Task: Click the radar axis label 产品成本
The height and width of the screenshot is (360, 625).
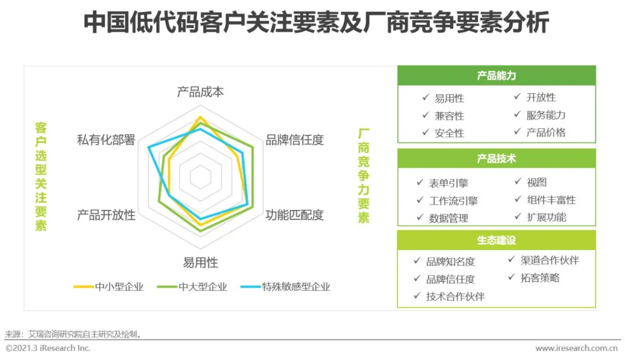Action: tap(200, 92)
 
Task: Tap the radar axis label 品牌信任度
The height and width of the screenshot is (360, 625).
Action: tap(295, 140)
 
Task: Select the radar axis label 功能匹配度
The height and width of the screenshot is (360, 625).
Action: tap(295, 215)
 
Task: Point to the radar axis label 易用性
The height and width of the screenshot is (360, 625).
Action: tap(200, 263)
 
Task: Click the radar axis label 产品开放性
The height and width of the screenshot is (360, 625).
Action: tap(106, 215)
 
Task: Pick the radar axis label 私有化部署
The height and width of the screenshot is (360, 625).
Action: tap(106, 140)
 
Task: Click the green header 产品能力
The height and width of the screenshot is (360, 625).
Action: tap(496, 76)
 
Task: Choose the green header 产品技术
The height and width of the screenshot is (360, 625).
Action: tap(496, 159)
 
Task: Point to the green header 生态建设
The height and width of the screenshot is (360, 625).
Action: tap(496, 240)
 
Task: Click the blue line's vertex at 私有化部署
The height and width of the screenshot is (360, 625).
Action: tap(149, 148)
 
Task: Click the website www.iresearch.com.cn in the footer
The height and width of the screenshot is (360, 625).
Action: tap(576, 348)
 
